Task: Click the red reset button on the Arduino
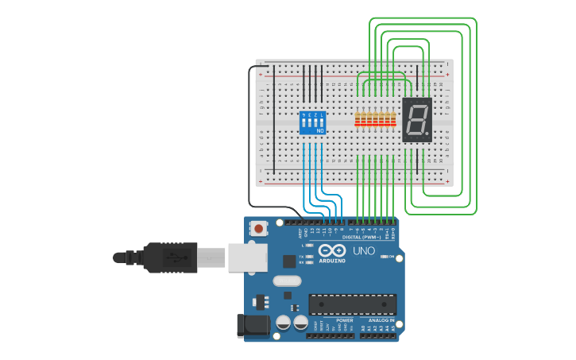pos(258,229)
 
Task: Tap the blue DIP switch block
pos(312,122)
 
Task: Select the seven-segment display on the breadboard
pos(417,120)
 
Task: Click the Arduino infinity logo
pos(332,250)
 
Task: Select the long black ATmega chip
pos(352,304)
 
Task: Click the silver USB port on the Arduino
pos(246,257)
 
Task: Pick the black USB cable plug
pos(171,257)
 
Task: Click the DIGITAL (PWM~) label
pos(360,237)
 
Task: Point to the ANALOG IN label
pos(381,320)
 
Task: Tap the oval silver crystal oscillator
pos(287,281)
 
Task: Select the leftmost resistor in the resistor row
pos(358,119)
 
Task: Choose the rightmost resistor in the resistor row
pos(392,119)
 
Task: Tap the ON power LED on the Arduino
pos(384,256)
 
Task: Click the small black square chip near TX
pos(288,261)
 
